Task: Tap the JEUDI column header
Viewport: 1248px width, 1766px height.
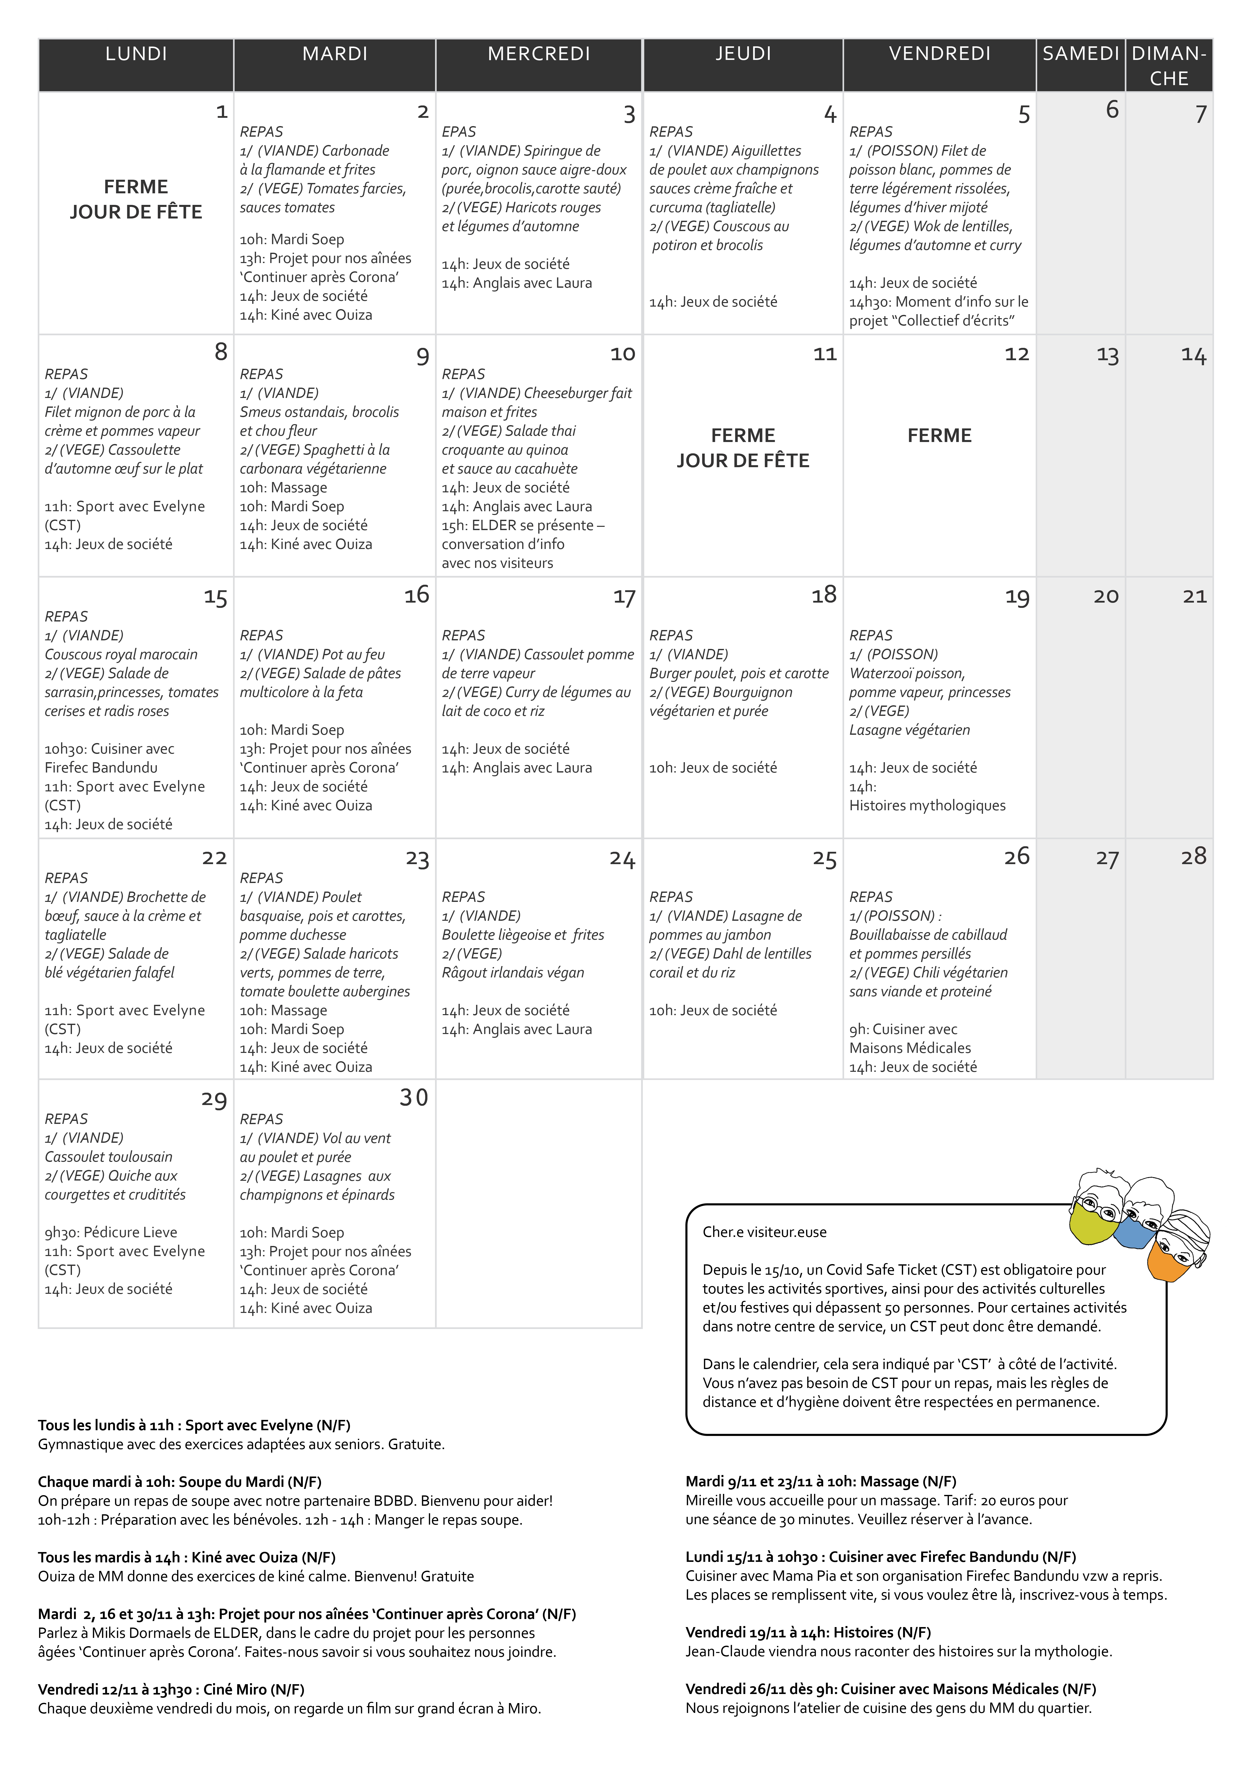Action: pyautogui.click(x=743, y=54)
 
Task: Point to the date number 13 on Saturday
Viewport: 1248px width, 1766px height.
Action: pyautogui.click(x=1107, y=355)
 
